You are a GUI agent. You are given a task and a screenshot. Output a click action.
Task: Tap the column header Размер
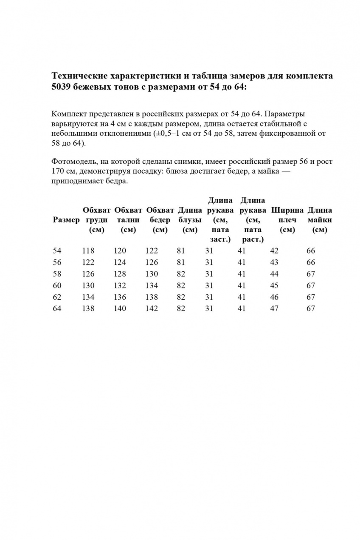click(x=66, y=220)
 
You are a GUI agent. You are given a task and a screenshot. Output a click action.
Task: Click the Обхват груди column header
click(x=97, y=220)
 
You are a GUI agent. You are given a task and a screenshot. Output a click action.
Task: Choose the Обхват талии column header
click(x=128, y=220)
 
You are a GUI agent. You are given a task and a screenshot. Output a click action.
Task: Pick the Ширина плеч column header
click(x=287, y=220)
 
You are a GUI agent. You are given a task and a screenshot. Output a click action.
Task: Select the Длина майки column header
click(x=319, y=220)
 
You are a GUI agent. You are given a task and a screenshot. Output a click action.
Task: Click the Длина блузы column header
click(x=189, y=220)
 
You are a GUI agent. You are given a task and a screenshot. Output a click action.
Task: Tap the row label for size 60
click(x=57, y=285)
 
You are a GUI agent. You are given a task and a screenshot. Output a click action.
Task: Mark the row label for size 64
click(x=57, y=309)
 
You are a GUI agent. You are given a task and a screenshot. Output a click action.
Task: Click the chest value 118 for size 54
click(x=88, y=250)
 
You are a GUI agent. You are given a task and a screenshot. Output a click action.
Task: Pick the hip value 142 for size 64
click(x=152, y=309)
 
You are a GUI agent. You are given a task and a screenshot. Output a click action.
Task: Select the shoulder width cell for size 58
click(x=274, y=274)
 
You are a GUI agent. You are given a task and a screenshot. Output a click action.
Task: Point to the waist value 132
click(x=120, y=285)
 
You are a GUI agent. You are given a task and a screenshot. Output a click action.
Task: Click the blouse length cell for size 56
click(x=181, y=262)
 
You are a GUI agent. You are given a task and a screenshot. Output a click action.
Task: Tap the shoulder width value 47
click(x=274, y=309)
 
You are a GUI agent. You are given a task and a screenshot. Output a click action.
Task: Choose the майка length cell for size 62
click(x=311, y=297)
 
